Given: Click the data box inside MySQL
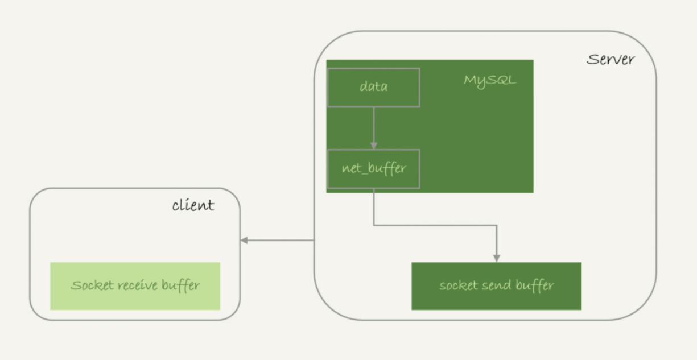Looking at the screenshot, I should [373, 87].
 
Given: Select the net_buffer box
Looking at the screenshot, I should [373, 168].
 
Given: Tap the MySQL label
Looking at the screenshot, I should [490, 80].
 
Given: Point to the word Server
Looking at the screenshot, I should [611, 60].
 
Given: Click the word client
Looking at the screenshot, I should [193, 205].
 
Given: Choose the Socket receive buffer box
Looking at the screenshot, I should [135, 285].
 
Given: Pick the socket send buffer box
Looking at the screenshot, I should [496, 285].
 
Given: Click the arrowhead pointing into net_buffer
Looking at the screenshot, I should [373, 146].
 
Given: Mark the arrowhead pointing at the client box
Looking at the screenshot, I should [245, 241].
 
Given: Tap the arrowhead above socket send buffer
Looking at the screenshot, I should [497, 258].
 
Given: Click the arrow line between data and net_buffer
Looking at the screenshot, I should [373, 125].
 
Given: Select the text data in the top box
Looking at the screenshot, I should [373, 87].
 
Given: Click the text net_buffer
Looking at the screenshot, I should [373, 169].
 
